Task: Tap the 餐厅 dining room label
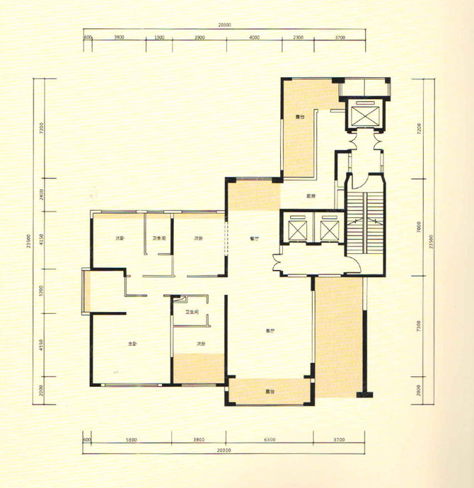click(x=253, y=239)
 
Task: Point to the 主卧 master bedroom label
click(x=132, y=344)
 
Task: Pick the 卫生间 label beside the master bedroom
click(x=191, y=312)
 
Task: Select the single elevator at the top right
click(x=365, y=115)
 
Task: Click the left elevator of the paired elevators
click(x=298, y=228)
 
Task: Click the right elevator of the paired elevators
click(x=330, y=228)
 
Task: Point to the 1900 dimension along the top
click(x=159, y=37)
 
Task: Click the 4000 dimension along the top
click(x=254, y=37)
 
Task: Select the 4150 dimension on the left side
click(x=43, y=240)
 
